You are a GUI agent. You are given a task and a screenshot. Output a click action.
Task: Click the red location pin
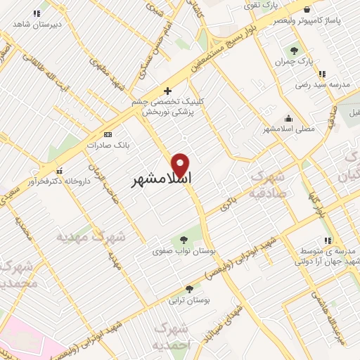181,165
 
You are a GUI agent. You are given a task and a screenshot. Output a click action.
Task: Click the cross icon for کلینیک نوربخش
167,91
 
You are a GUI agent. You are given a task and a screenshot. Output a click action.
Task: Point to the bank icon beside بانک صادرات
108,134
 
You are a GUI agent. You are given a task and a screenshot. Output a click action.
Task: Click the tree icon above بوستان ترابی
188,288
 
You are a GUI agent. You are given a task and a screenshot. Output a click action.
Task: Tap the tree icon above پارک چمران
294,51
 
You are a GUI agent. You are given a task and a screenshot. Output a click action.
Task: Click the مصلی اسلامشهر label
289,129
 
